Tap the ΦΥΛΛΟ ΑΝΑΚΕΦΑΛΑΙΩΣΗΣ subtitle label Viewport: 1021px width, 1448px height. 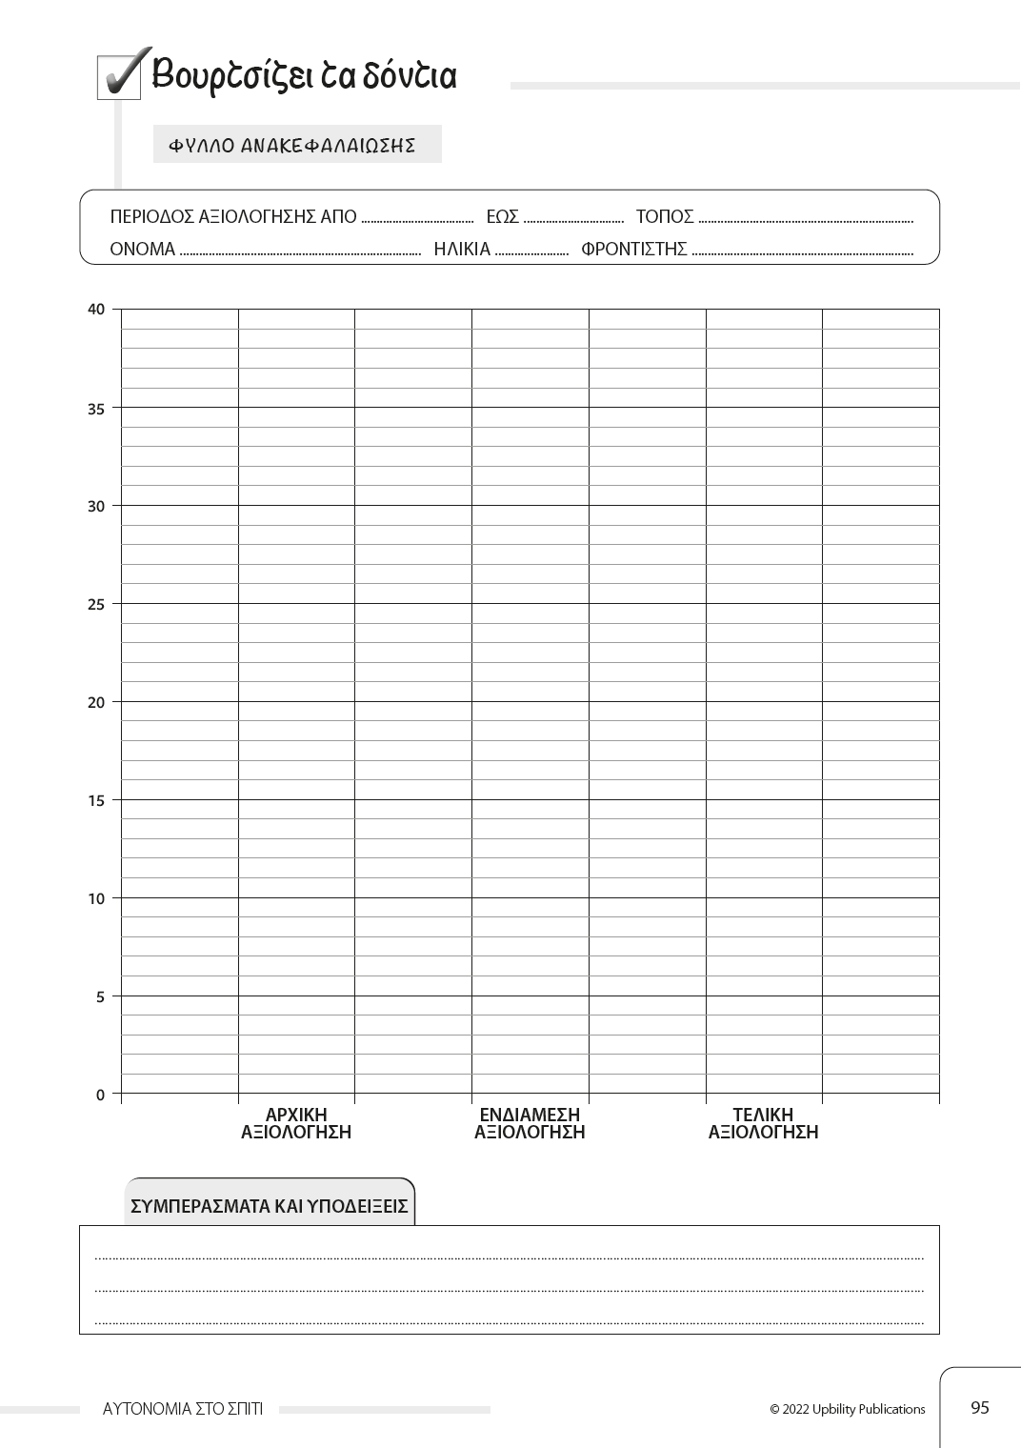tap(292, 146)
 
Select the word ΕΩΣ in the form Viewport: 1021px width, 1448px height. tap(502, 216)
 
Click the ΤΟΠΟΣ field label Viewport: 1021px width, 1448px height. tap(665, 216)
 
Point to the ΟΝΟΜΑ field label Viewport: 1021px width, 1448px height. tap(143, 250)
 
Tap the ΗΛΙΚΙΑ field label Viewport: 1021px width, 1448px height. tap(462, 250)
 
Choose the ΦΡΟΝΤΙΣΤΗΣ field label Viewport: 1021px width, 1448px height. tap(634, 250)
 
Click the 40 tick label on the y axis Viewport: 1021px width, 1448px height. tap(96, 309)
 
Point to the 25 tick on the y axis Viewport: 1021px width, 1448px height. tap(96, 604)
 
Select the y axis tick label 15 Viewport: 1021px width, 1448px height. tap(96, 800)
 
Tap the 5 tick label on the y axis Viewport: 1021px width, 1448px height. tap(100, 996)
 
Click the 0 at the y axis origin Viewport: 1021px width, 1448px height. tap(100, 1095)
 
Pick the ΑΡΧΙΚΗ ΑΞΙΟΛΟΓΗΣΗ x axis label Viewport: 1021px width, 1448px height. tap(296, 1123)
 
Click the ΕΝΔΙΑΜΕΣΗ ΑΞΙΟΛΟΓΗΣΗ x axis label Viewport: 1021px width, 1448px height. tap(530, 1123)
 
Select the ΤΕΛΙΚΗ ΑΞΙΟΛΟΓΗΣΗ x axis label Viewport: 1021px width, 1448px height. tap(763, 1123)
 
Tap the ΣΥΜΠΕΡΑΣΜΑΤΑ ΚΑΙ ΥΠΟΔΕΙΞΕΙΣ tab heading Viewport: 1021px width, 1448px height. tap(270, 1206)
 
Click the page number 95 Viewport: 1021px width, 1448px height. tap(980, 1407)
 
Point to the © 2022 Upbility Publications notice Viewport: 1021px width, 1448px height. tap(848, 1409)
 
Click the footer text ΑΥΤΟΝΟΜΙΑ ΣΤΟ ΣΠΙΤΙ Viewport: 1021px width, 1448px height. tap(183, 1409)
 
